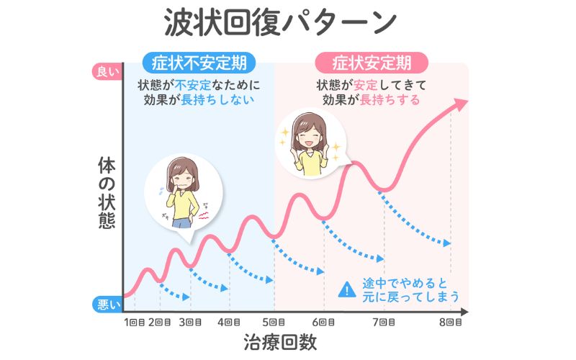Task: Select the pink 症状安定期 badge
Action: click(x=372, y=61)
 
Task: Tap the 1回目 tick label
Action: click(x=135, y=322)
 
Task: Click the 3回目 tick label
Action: click(x=190, y=322)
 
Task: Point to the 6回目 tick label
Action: click(x=324, y=322)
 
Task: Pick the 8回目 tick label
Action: click(x=451, y=322)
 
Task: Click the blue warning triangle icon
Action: click(x=348, y=289)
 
